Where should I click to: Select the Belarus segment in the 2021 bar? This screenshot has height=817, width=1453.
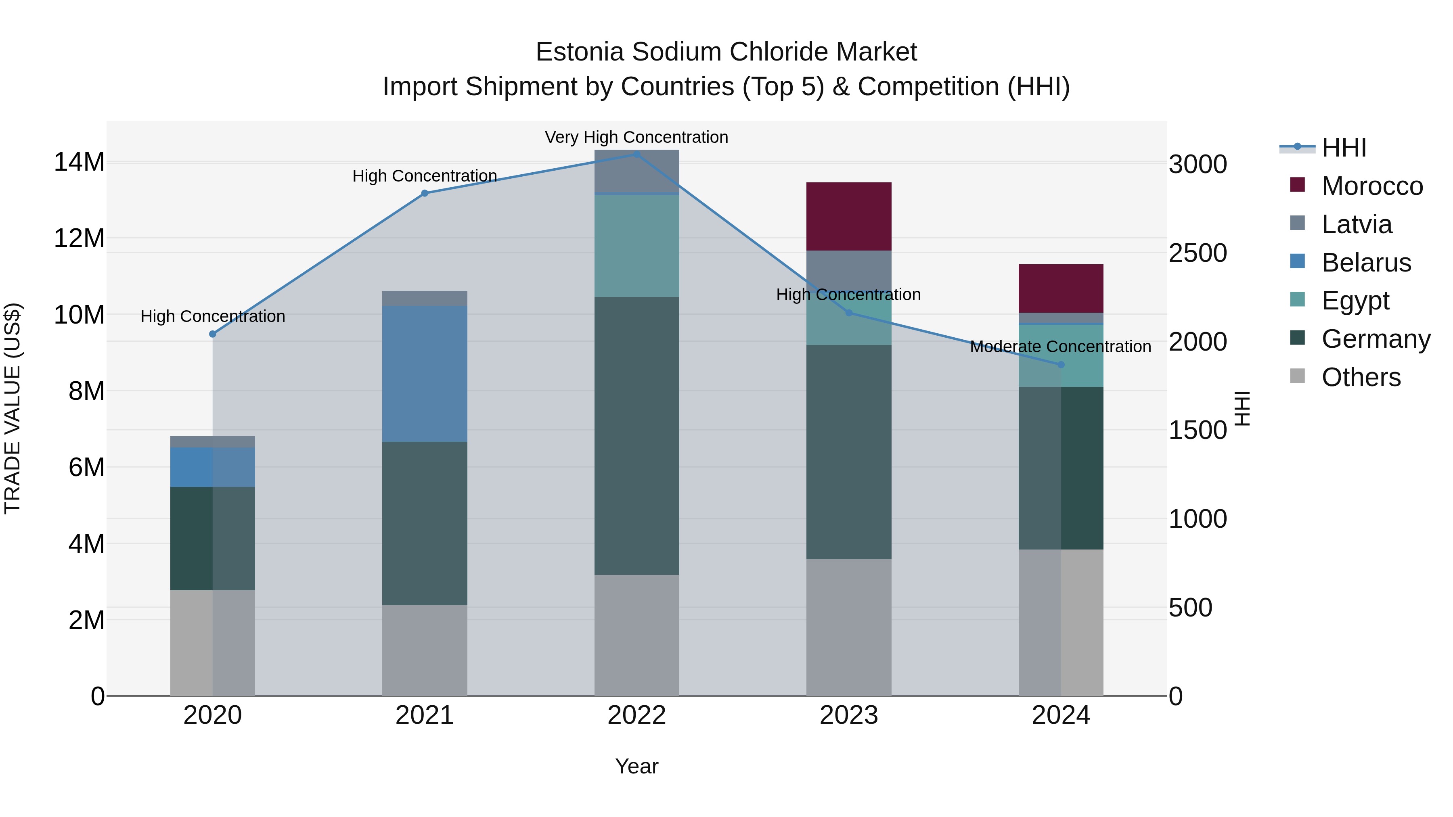pyautogui.click(x=424, y=374)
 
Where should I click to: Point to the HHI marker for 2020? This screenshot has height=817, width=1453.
pyautogui.click(x=213, y=334)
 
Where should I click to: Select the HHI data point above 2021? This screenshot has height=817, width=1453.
pyautogui.click(x=425, y=193)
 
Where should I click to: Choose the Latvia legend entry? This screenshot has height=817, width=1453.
pyautogui.click(x=1356, y=224)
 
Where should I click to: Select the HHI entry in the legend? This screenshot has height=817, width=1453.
pyautogui.click(x=1344, y=148)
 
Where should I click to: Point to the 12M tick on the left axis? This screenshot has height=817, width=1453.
pyautogui.click(x=79, y=238)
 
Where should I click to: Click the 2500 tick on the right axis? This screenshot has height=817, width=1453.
pyautogui.click(x=1197, y=253)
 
